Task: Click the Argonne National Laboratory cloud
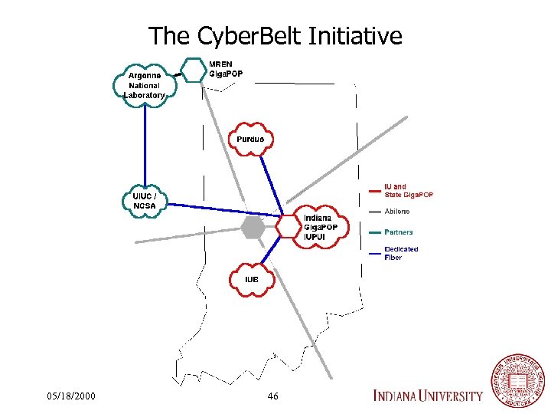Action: click(145, 85)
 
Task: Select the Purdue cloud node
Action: click(250, 139)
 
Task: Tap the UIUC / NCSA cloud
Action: click(144, 201)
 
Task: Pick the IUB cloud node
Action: click(251, 280)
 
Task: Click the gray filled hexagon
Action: click(253, 227)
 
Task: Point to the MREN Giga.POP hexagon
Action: click(194, 70)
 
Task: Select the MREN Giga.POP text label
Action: click(226, 68)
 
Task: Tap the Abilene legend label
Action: click(396, 211)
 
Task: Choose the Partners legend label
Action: click(399, 232)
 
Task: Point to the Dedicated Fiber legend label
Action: click(401, 253)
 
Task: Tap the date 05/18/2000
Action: click(71, 396)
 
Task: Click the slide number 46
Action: click(273, 396)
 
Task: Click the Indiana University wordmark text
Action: click(428, 396)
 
